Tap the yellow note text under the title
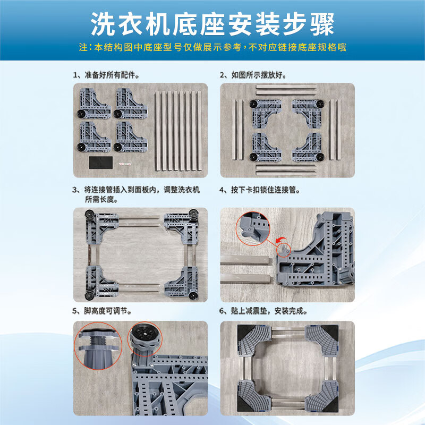pyautogui.click(x=212, y=47)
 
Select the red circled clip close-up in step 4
pyautogui.click(x=254, y=230)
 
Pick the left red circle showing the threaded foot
pyautogui.click(x=97, y=345)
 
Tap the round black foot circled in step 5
pyautogui.click(x=144, y=339)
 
